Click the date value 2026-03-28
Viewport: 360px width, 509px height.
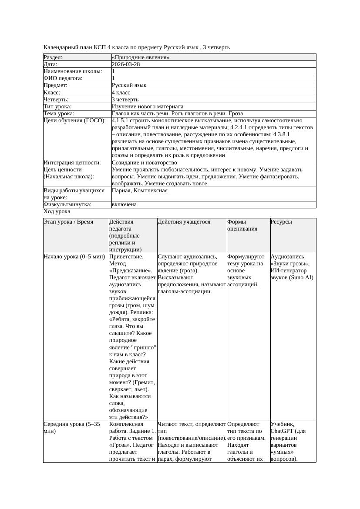click(x=126, y=64)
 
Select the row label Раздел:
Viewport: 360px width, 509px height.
click(x=53, y=57)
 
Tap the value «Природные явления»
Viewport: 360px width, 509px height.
click(x=141, y=57)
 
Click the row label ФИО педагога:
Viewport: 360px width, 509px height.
click(x=63, y=78)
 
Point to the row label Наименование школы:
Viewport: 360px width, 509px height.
click(x=73, y=71)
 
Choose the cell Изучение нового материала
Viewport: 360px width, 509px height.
click(x=148, y=106)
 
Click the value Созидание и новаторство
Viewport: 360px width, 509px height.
click(x=144, y=162)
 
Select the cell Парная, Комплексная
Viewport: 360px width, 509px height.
click(x=139, y=191)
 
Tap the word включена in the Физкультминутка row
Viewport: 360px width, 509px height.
click(x=124, y=204)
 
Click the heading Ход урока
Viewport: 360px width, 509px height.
click(x=57, y=211)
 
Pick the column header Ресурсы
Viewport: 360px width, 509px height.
click(x=281, y=222)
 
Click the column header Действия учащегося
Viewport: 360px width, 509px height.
click(x=184, y=222)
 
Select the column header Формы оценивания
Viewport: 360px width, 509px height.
click(x=242, y=225)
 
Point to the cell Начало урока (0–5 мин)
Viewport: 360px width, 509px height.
click(x=74, y=257)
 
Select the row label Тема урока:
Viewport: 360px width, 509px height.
click(x=59, y=113)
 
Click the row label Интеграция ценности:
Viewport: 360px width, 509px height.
click(x=72, y=162)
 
